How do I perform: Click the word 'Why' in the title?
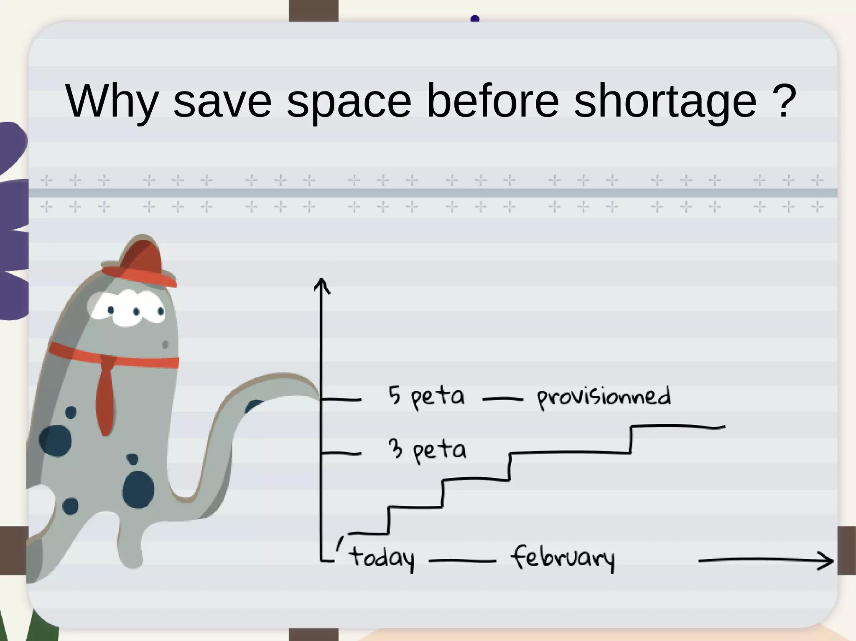pos(112,101)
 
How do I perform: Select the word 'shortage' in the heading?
pos(665,101)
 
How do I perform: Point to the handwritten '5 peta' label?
pos(426,396)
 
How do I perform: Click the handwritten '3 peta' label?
pos(427,450)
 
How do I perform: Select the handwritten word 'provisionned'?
pos(604,397)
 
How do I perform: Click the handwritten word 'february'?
pos(562,558)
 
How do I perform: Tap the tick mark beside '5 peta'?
pos(341,400)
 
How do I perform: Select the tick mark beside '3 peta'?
pos(341,453)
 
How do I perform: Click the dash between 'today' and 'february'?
pos(462,561)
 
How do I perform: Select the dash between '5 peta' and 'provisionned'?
pos(502,399)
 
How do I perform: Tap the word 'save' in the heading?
pos(222,101)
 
